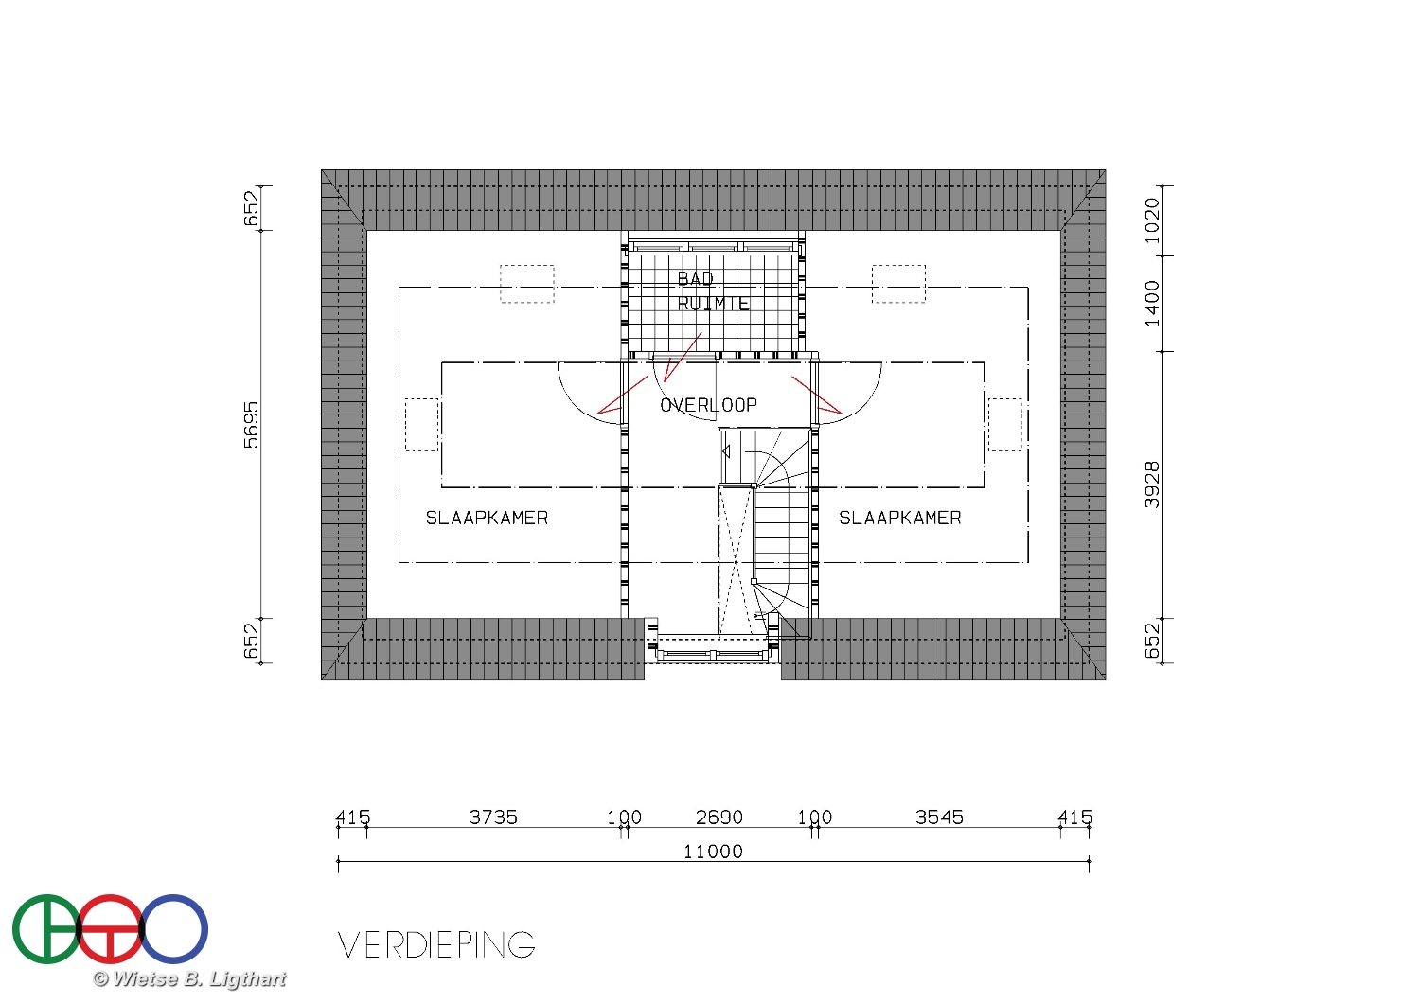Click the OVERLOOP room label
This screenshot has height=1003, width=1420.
[709, 405]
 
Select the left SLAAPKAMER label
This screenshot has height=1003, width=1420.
[487, 519]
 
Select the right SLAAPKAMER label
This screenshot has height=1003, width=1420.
[900, 519]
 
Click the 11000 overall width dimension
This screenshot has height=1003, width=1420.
[713, 852]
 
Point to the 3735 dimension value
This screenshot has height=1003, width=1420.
[493, 818]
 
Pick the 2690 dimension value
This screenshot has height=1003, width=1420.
[719, 818]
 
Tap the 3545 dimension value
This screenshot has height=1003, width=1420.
[939, 818]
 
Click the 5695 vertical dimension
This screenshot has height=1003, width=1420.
[251, 425]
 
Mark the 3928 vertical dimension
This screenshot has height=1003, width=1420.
[1152, 484]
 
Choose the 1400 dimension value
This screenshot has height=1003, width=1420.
[1152, 304]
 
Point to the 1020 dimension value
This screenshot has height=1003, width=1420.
[1152, 220]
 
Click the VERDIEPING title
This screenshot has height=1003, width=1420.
[436, 944]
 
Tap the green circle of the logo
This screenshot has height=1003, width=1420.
[15, 929]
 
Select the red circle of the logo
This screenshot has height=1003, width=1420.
[110, 897]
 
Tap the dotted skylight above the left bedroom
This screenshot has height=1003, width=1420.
[526, 266]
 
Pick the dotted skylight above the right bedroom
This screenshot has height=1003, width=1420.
[898, 266]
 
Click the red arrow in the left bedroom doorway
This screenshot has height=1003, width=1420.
[623, 395]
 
